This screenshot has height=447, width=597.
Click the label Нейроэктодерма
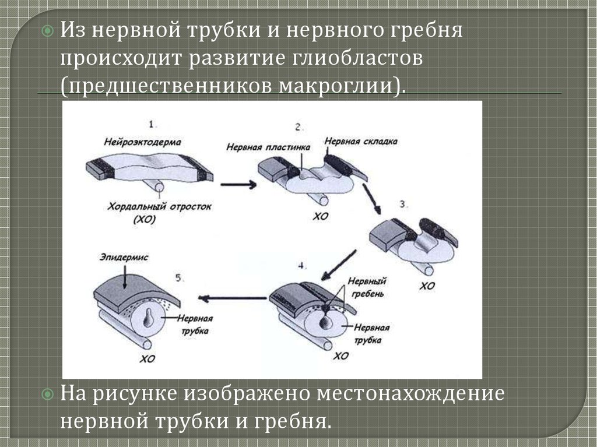coord(142,142)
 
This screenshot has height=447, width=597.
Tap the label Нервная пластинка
coord(268,147)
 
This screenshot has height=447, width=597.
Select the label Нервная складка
coord(361,141)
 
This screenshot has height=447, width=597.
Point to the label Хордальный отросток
coord(159,207)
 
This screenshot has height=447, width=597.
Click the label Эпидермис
coord(124,258)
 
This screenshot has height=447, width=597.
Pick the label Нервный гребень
coord(367,287)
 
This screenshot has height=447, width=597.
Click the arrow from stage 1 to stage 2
coord(238,185)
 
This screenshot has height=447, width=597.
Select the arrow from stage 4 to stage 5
coord(232,298)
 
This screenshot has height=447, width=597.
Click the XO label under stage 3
coord(427,286)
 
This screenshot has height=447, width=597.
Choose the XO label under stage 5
coord(147,358)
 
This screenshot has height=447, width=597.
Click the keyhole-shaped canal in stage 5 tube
coord(148,318)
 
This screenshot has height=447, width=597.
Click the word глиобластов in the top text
coord(358,59)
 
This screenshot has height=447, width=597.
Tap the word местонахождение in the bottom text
coord(410,395)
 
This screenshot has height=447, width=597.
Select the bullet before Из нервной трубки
coord(48,30)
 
